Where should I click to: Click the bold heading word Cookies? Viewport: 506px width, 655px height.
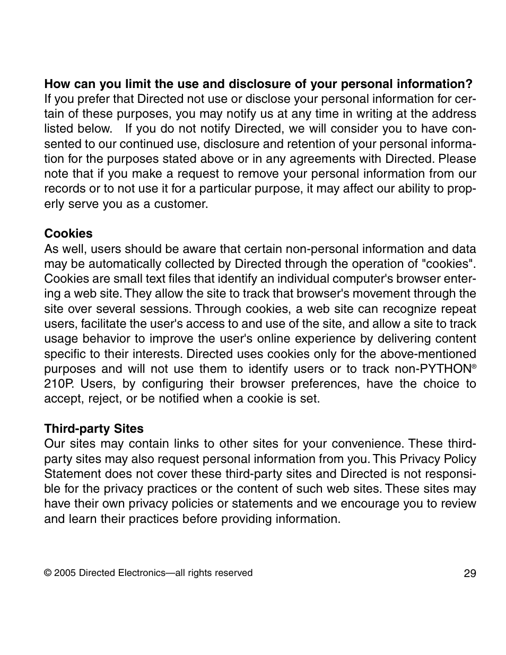pos(68,234)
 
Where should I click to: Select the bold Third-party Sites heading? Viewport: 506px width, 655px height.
pos(94,429)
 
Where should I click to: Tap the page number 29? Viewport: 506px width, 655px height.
pos(469,573)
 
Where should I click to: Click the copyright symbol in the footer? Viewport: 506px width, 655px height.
pos(48,573)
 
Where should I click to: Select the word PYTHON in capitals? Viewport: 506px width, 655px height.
pos(444,369)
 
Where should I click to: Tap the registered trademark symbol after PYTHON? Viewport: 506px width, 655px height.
pos(474,366)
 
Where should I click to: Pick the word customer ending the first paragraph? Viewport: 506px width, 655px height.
pos(181,204)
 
